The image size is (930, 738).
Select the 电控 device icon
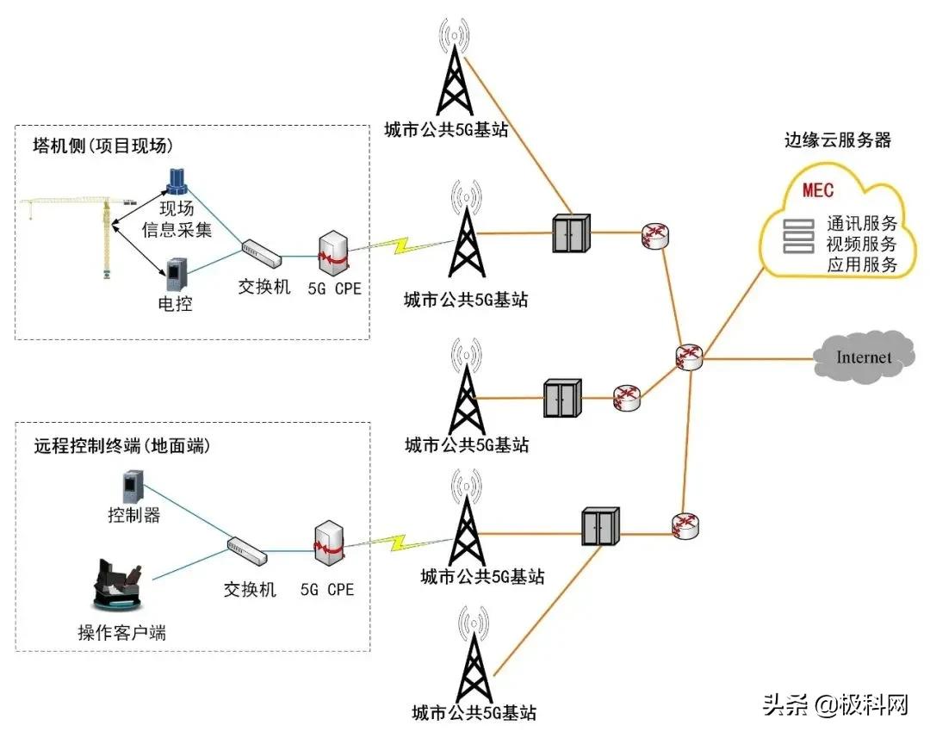point(175,275)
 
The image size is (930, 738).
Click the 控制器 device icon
point(133,487)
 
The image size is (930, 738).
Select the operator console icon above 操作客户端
point(119,586)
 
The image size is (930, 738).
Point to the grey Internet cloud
point(863,357)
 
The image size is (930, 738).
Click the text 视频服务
point(861,244)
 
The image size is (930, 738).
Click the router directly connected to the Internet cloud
point(689,357)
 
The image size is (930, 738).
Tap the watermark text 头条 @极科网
point(835,706)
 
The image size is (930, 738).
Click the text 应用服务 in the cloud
point(861,264)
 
